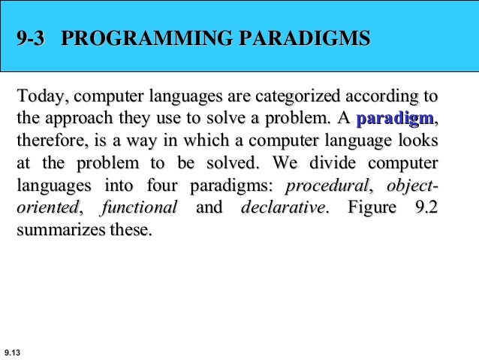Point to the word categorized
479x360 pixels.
click(297, 98)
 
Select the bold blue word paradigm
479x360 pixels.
click(394, 119)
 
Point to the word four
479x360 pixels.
click(162, 185)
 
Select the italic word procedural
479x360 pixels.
click(329, 185)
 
